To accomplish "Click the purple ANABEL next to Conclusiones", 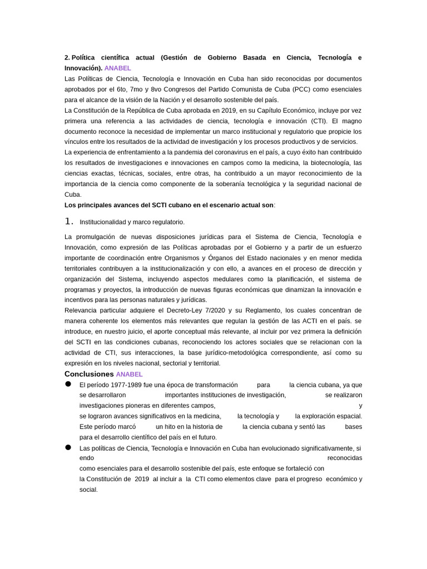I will pyautogui.click(x=129, y=375).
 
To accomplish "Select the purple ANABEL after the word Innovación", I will pyautogui.click(x=118, y=68).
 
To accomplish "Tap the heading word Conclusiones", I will pyautogui.click(x=89, y=374).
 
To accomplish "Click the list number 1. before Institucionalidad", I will pyautogui.click(x=69, y=221).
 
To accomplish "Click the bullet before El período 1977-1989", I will pyautogui.click(x=68, y=384).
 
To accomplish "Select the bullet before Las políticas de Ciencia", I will pyautogui.click(x=68, y=447).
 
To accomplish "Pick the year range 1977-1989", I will pyautogui.click(x=123, y=385).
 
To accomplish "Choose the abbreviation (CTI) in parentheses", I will pyautogui.click(x=318, y=121).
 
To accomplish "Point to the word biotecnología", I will pyautogui.click(x=330, y=163).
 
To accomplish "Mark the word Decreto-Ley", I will pyautogui.click(x=188, y=311).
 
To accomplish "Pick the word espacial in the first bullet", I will pyautogui.click(x=350, y=416).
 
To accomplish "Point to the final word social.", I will pyautogui.click(x=88, y=490).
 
